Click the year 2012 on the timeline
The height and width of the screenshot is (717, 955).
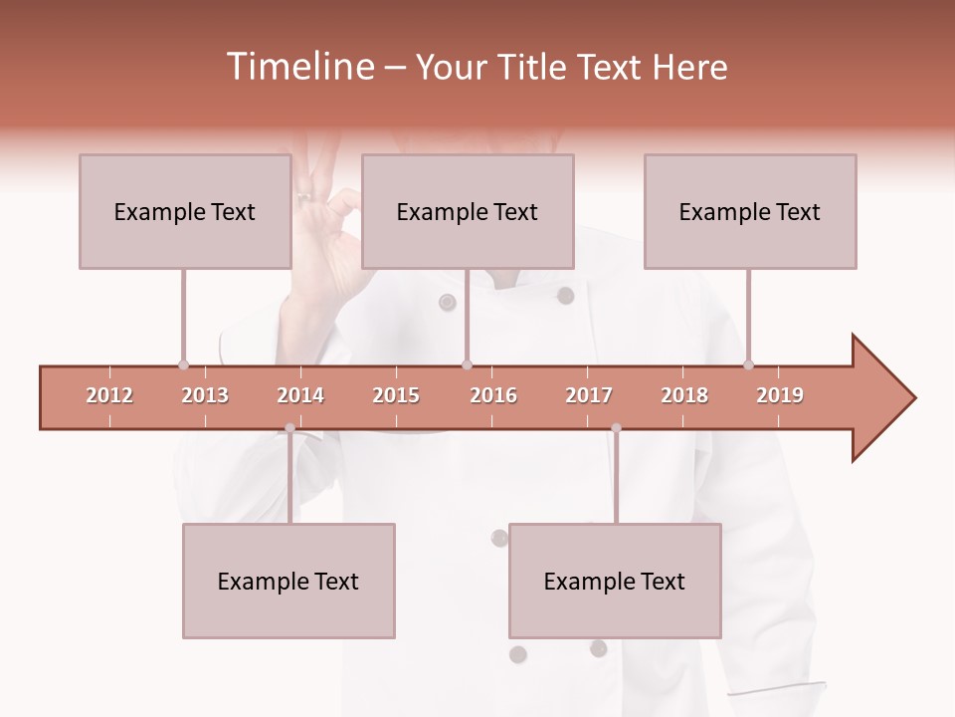[109, 395]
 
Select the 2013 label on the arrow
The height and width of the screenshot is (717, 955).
[205, 395]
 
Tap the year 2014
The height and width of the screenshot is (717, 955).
[300, 395]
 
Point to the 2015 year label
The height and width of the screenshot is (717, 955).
[396, 395]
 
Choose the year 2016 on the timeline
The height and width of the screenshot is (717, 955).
[493, 395]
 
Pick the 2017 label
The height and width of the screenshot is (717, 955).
[589, 395]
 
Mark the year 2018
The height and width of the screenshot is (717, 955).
[684, 395]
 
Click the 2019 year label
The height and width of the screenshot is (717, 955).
[780, 395]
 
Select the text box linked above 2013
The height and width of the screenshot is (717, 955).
[185, 211]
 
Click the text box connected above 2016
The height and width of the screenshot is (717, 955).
[468, 211]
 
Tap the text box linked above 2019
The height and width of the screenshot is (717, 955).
[750, 211]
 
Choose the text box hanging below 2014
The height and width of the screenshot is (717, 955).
[288, 581]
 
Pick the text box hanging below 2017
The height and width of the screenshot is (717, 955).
[615, 581]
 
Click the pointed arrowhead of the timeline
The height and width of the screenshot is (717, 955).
[885, 398]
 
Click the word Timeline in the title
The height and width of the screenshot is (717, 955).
[297, 67]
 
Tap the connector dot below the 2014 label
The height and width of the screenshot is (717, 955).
[289, 428]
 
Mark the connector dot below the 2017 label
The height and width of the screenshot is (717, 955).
[616, 428]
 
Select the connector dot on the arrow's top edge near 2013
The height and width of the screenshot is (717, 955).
[183, 364]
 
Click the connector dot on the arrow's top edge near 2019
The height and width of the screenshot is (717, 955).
[748, 364]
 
